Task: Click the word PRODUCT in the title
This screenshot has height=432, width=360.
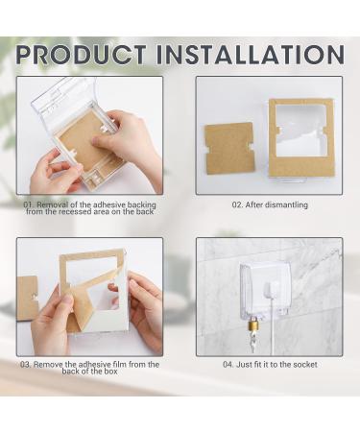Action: click(x=81, y=55)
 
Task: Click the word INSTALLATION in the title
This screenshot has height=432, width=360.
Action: click(x=251, y=55)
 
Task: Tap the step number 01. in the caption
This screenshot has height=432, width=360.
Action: click(x=29, y=204)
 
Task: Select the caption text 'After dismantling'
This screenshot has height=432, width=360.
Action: click(x=276, y=204)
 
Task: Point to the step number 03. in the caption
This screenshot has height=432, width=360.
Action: click(x=26, y=365)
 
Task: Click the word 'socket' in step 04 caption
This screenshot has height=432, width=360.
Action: click(x=305, y=365)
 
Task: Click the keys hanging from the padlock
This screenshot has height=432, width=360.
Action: click(x=252, y=342)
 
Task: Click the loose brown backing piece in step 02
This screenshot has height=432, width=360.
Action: click(x=228, y=148)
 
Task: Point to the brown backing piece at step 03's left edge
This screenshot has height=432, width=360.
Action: click(x=27, y=299)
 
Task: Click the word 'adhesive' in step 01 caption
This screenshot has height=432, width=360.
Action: click(x=111, y=204)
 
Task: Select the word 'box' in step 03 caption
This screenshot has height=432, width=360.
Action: click(x=111, y=372)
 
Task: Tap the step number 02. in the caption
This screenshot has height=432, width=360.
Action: click(x=238, y=204)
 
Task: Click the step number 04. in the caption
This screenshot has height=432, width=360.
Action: click(x=228, y=365)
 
